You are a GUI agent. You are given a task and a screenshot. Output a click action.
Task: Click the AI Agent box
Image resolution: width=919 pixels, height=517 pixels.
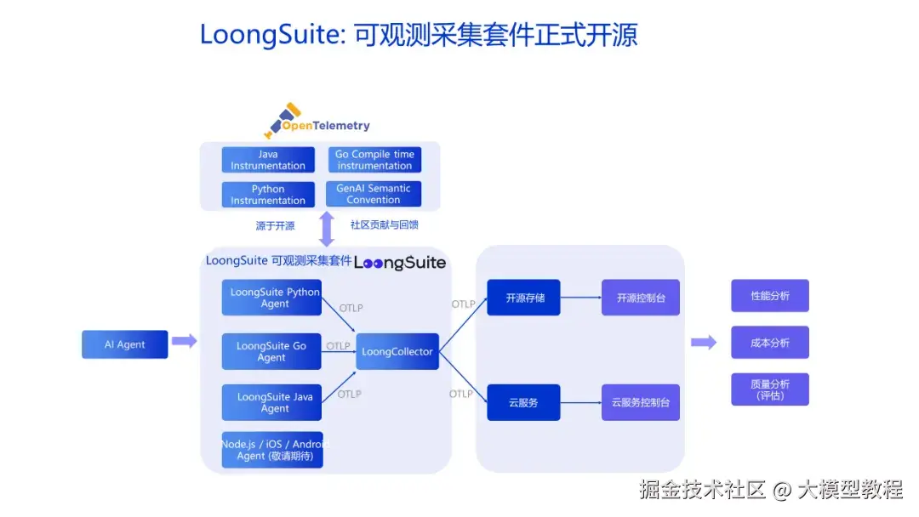coord(124,344)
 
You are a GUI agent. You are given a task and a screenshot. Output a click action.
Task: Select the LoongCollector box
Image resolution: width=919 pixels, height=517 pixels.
coord(397,351)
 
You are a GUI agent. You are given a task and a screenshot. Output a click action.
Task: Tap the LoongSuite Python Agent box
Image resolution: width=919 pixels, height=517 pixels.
coord(272,298)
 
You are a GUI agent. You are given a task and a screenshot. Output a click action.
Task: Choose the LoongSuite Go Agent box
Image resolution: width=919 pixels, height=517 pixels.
coord(271,352)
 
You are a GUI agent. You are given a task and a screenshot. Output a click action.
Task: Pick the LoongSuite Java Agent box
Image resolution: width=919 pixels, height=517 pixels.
coord(272,402)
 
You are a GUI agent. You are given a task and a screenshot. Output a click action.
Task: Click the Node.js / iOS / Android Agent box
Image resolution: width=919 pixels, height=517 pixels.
coord(272,450)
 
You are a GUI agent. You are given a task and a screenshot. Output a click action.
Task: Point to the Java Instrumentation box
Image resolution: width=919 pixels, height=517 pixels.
coord(268,160)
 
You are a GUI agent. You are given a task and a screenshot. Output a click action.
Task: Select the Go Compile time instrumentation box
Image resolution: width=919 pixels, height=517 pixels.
coord(374,160)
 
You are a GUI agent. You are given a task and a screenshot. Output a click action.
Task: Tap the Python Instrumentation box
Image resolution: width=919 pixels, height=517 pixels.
coord(268,195)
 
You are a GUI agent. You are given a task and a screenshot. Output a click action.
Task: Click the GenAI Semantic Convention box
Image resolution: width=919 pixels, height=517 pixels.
coord(374,194)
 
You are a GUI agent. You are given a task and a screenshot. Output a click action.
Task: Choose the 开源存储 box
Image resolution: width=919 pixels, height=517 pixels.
coord(523,298)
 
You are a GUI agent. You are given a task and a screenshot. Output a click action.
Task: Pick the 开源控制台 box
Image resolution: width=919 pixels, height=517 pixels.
coord(640,298)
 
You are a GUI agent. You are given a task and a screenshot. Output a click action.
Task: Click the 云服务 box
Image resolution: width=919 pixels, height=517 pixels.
coord(523,402)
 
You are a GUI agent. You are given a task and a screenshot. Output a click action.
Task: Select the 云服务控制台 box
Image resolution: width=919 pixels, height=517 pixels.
coord(640,402)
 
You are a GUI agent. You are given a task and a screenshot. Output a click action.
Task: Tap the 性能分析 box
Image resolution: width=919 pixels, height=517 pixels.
coord(769,296)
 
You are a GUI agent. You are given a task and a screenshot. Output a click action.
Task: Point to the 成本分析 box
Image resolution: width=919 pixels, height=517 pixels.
coord(769,343)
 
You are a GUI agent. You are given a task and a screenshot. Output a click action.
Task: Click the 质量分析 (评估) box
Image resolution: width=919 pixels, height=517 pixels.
coord(769,389)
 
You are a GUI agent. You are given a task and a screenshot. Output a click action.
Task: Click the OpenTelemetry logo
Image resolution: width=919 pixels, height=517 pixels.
coord(317,122)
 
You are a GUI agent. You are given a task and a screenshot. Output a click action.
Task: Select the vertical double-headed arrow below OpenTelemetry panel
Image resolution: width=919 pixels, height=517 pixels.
coord(327,229)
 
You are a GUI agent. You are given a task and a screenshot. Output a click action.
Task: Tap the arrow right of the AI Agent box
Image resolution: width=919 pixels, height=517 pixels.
coord(184,342)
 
